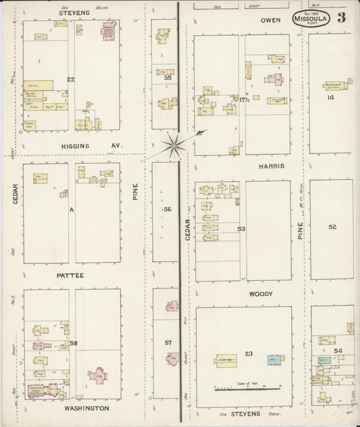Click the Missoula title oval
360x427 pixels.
pos(311,19)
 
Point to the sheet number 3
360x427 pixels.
pos(342,18)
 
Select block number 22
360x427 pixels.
pos(70,80)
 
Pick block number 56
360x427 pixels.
pos(167,209)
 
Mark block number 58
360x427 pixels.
pos(74,344)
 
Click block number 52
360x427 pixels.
pos(332,227)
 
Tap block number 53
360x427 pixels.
pos(241,229)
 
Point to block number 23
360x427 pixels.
pos(249,354)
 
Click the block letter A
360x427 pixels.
pos(70,209)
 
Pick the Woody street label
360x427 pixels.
pos(260,294)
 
